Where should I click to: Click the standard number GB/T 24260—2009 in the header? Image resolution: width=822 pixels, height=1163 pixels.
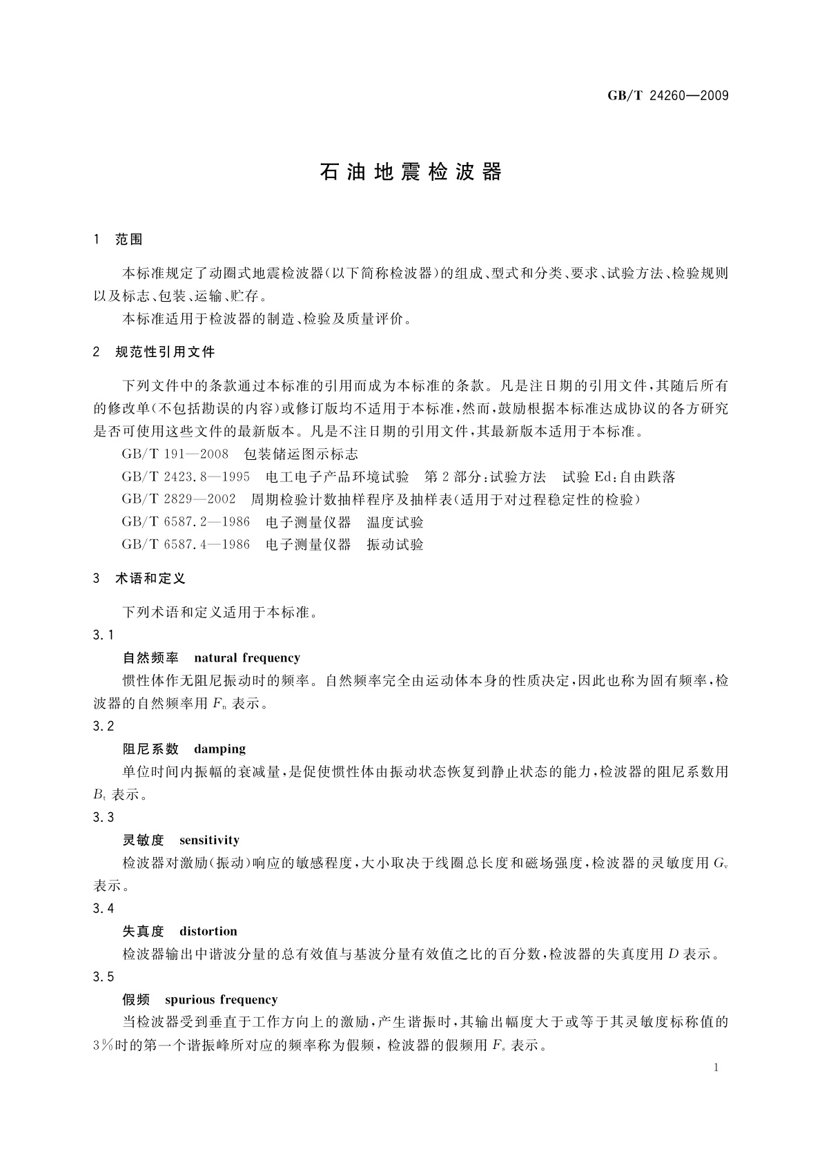tap(667, 96)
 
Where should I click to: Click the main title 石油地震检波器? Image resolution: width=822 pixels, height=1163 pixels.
tap(411, 172)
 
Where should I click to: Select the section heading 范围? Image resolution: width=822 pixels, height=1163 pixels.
tap(129, 240)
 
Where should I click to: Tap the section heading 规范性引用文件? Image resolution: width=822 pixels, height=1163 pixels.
tap(165, 352)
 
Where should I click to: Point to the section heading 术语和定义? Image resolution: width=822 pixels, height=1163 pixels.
tap(150, 579)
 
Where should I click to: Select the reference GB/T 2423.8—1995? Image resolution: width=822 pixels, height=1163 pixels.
tap(186, 477)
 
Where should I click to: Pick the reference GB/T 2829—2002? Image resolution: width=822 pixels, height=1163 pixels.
tap(179, 499)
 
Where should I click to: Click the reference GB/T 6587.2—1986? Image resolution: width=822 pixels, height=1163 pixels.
tap(186, 522)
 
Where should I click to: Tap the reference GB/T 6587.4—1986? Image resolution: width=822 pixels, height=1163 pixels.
tap(186, 544)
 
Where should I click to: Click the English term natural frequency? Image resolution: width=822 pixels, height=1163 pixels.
tap(247, 658)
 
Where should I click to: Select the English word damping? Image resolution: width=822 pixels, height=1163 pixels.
tap(219, 749)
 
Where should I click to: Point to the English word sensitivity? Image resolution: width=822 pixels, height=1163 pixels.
tap(209, 840)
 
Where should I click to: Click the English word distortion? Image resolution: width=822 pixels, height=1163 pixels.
tap(208, 932)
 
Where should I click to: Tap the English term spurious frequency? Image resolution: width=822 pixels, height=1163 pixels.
tap(221, 1000)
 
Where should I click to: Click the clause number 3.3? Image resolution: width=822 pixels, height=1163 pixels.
tap(103, 818)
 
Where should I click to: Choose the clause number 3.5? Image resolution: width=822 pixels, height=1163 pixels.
tap(103, 977)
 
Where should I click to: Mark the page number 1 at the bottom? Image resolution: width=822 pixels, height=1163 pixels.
tap(716, 1068)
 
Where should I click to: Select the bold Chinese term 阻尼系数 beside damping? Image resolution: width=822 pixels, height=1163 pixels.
tap(150, 749)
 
